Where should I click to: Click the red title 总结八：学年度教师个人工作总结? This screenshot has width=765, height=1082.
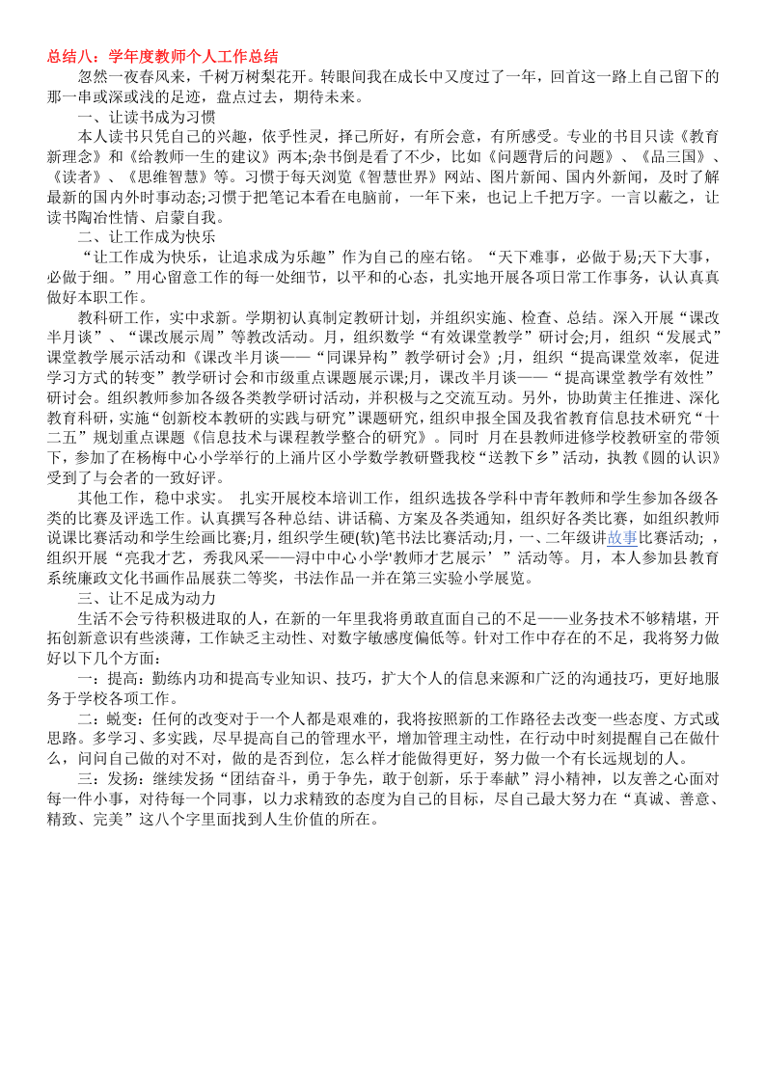tap(163, 57)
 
